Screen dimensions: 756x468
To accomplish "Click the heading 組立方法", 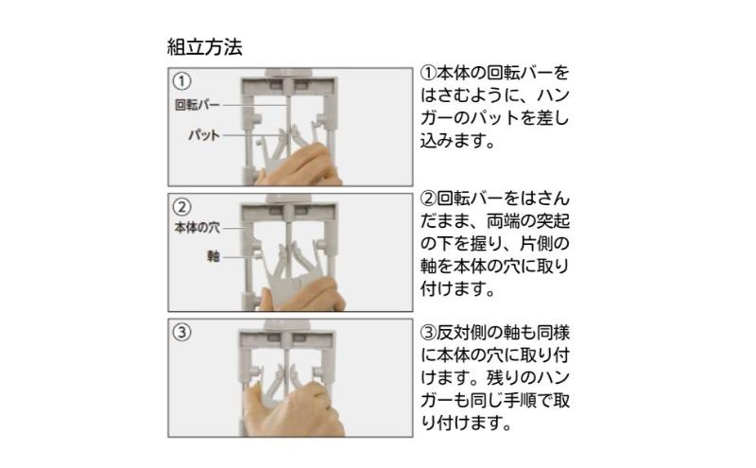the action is pyautogui.click(x=204, y=47).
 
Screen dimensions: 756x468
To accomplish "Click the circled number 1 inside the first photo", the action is pyautogui.click(x=181, y=81).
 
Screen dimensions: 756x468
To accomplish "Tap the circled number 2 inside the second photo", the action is pyautogui.click(x=181, y=207).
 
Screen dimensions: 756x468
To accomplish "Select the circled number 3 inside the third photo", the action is pyautogui.click(x=181, y=333).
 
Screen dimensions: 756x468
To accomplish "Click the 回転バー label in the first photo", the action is pyautogui.click(x=198, y=105).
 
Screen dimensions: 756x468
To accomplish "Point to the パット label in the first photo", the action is pyautogui.click(x=204, y=134).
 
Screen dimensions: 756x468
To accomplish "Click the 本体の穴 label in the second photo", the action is pyautogui.click(x=198, y=227).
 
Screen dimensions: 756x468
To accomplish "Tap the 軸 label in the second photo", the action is pyautogui.click(x=214, y=256).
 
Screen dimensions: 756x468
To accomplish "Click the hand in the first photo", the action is pyautogui.click(x=299, y=166).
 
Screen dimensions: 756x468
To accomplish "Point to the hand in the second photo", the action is pyautogui.click(x=303, y=295).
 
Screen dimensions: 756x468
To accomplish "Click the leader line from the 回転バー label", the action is pyautogui.click(x=255, y=105).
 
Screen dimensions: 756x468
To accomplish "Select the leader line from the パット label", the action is pyautogui.click(x=251, y=135).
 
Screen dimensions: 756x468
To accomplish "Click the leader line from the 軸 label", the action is pyautogui.click(x=238, y=257).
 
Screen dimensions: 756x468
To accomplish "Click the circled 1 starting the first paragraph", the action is pyautogui.click(x=428, y=74).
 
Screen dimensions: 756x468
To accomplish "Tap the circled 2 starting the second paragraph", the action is pyautogui.click(x=428, y=199).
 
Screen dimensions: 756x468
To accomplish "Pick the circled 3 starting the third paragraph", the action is pyautogui.click(x=428, y=333).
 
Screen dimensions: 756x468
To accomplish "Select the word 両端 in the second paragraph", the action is pyautogui.click(x=503, y=221).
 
